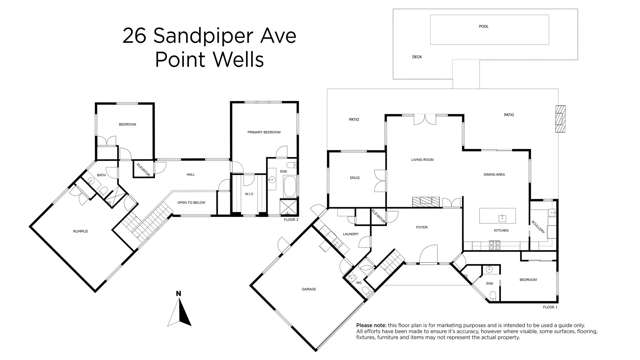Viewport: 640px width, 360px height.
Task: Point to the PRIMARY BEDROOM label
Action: tap(264, 132)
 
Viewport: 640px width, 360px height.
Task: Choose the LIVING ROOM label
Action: tap(421, 159)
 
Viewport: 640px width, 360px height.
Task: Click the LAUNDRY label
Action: tap(350, 235)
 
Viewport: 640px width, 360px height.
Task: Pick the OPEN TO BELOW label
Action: tap(191, 202)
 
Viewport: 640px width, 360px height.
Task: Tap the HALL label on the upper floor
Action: tap(189, 173)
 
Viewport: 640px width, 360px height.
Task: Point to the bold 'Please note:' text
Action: tap(373, 326)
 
